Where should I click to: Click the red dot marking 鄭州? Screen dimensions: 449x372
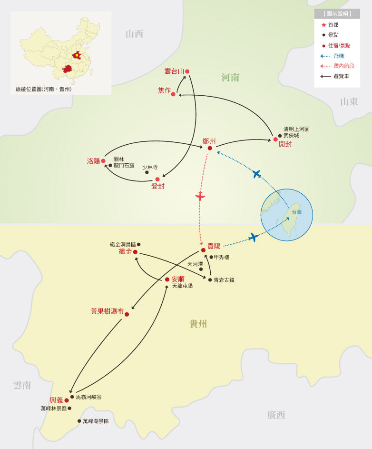tap(210, 148)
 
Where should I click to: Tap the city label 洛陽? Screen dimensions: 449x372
tap(93, 161)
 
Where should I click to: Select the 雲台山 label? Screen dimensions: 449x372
tap(174, 71)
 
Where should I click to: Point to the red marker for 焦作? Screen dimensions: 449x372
tap(173, 94)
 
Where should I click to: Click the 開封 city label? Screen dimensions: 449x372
tap(285, 144)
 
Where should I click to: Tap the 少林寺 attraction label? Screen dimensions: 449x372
tap(150, 167)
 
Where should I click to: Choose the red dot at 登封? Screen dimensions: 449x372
tap(157, 180)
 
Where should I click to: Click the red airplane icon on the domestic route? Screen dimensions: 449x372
tap(200, 196)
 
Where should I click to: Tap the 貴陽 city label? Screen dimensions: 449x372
tap(214, 246)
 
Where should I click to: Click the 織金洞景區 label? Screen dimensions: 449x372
tap(123, 244)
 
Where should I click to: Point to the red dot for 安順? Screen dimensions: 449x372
tap(167, 279)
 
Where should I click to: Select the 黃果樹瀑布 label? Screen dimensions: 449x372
tap(107, 311)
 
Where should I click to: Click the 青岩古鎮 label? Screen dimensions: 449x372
tap(224, 280)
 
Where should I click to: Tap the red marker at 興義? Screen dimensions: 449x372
tap(67, 400)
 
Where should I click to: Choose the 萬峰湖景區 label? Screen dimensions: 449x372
tap(96, 421)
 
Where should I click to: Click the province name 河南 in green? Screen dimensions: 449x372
tap(230, 78)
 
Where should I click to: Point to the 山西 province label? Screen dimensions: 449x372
tap(134, 34)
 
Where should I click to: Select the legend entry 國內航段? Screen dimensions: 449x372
tap(343, 66)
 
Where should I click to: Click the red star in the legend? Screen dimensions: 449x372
tap(324, 25)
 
